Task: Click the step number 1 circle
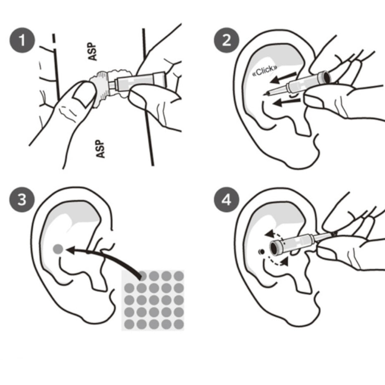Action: (22, 40)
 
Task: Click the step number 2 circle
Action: (226, 40)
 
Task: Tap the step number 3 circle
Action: (22, 200)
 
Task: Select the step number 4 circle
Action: (226, 200)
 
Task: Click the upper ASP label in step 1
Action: (92, 51)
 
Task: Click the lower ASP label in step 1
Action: (100, 149)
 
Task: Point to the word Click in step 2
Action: (265, 71)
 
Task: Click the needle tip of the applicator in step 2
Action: (264, 94)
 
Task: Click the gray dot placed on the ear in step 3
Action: (58, 249)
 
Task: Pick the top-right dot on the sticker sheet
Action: (178, 276)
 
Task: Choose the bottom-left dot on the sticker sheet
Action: (129, 324)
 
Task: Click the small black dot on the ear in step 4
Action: (262, 252)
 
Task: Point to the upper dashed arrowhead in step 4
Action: (269, 234)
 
